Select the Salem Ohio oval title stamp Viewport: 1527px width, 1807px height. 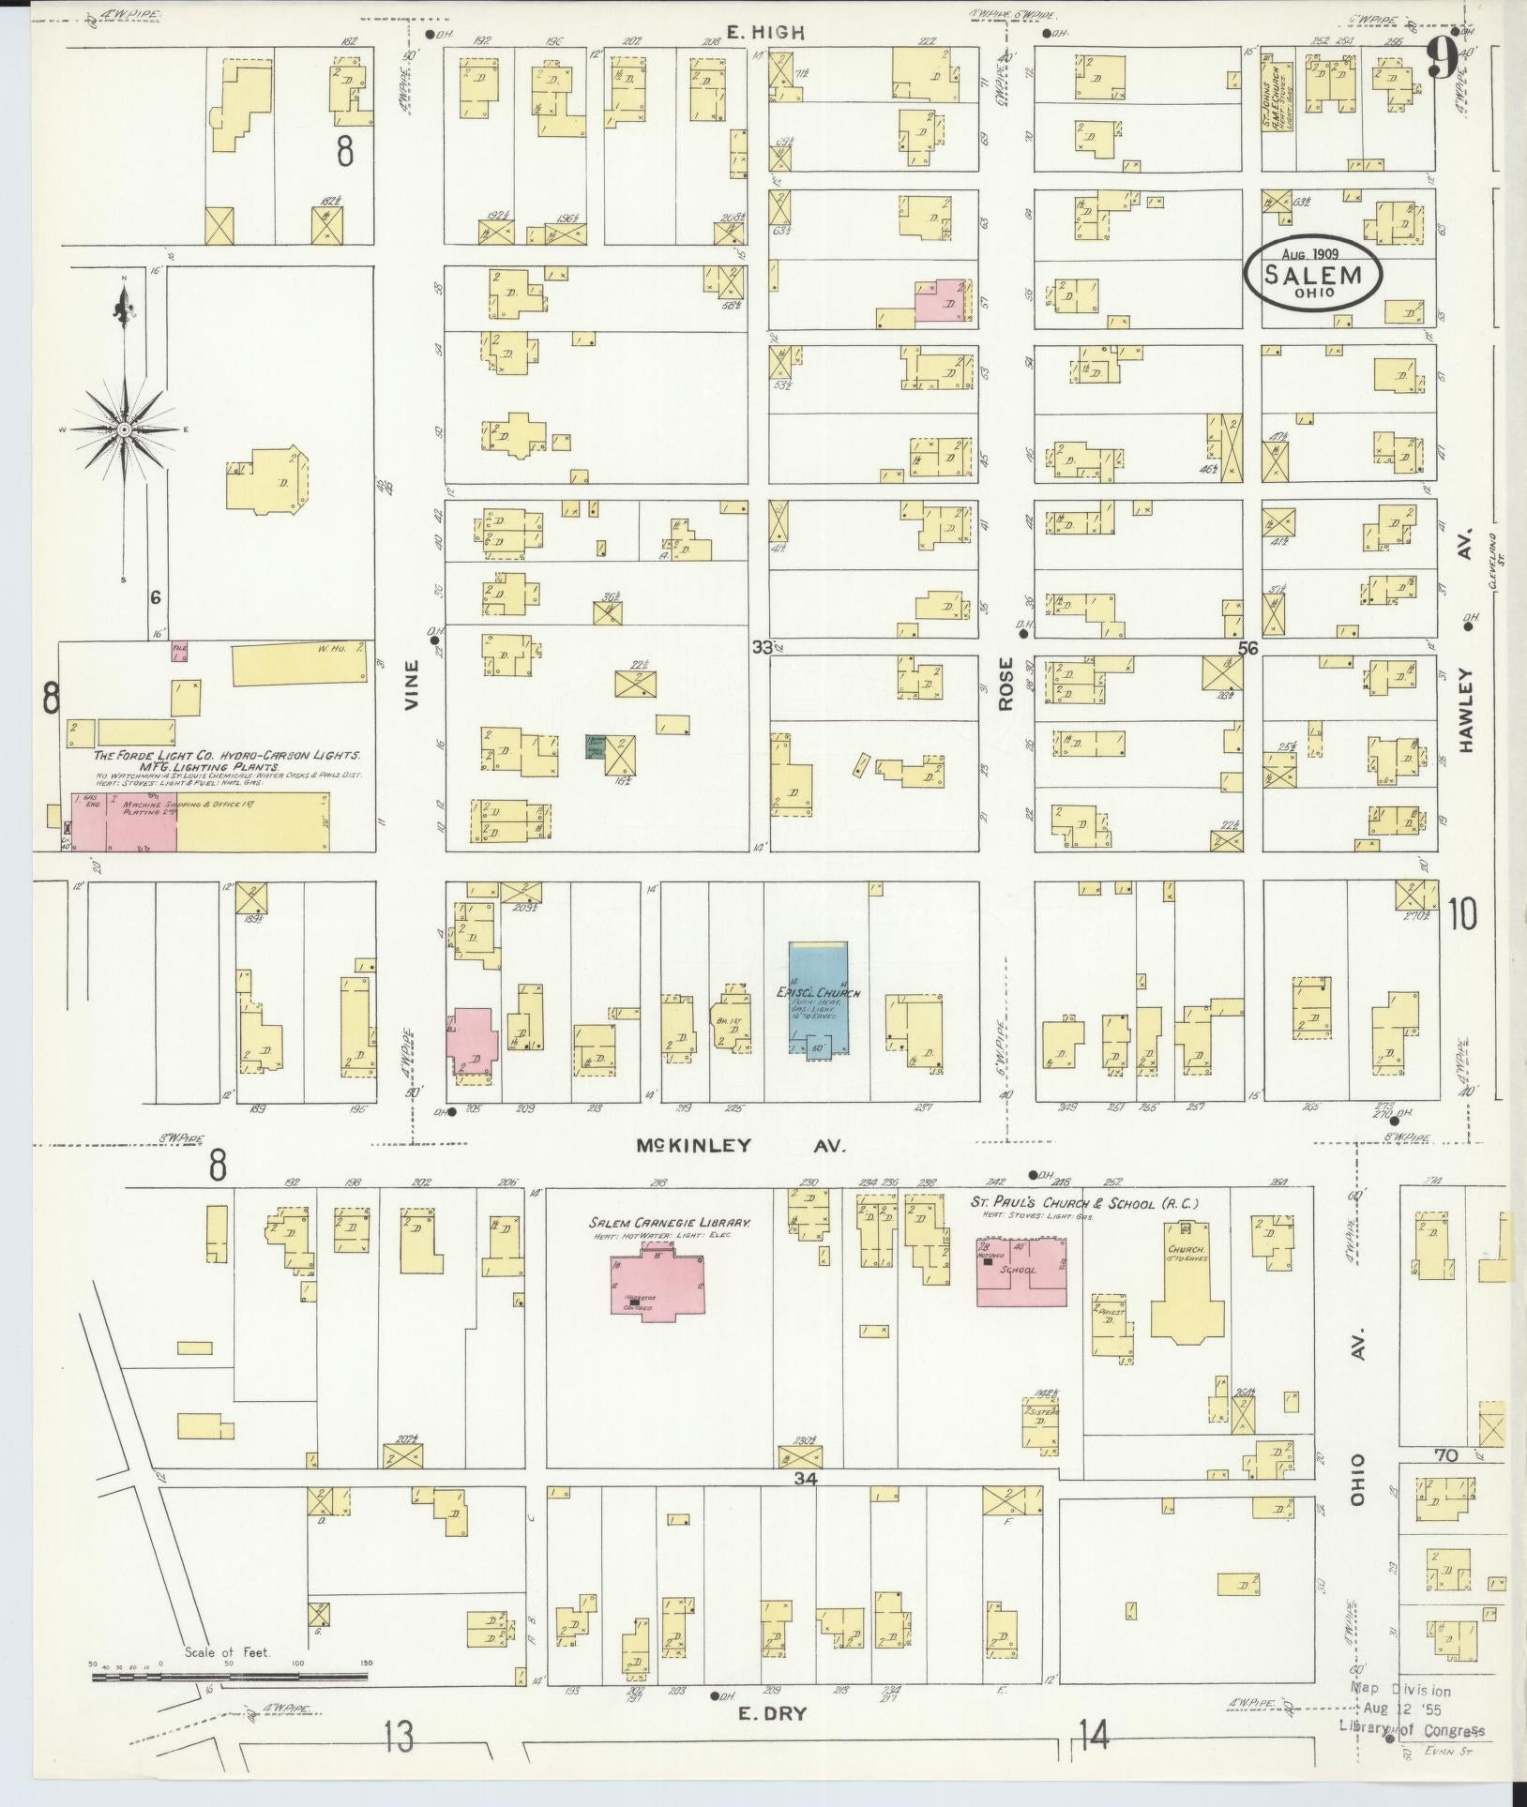1313,272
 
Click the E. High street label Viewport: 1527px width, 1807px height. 766,32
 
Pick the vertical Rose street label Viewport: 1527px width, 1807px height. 1005,685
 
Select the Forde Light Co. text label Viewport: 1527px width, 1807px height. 228,755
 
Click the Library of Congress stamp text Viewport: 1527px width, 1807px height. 1412,1730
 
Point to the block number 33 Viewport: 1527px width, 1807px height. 762,647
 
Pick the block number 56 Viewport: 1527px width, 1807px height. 1247,647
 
